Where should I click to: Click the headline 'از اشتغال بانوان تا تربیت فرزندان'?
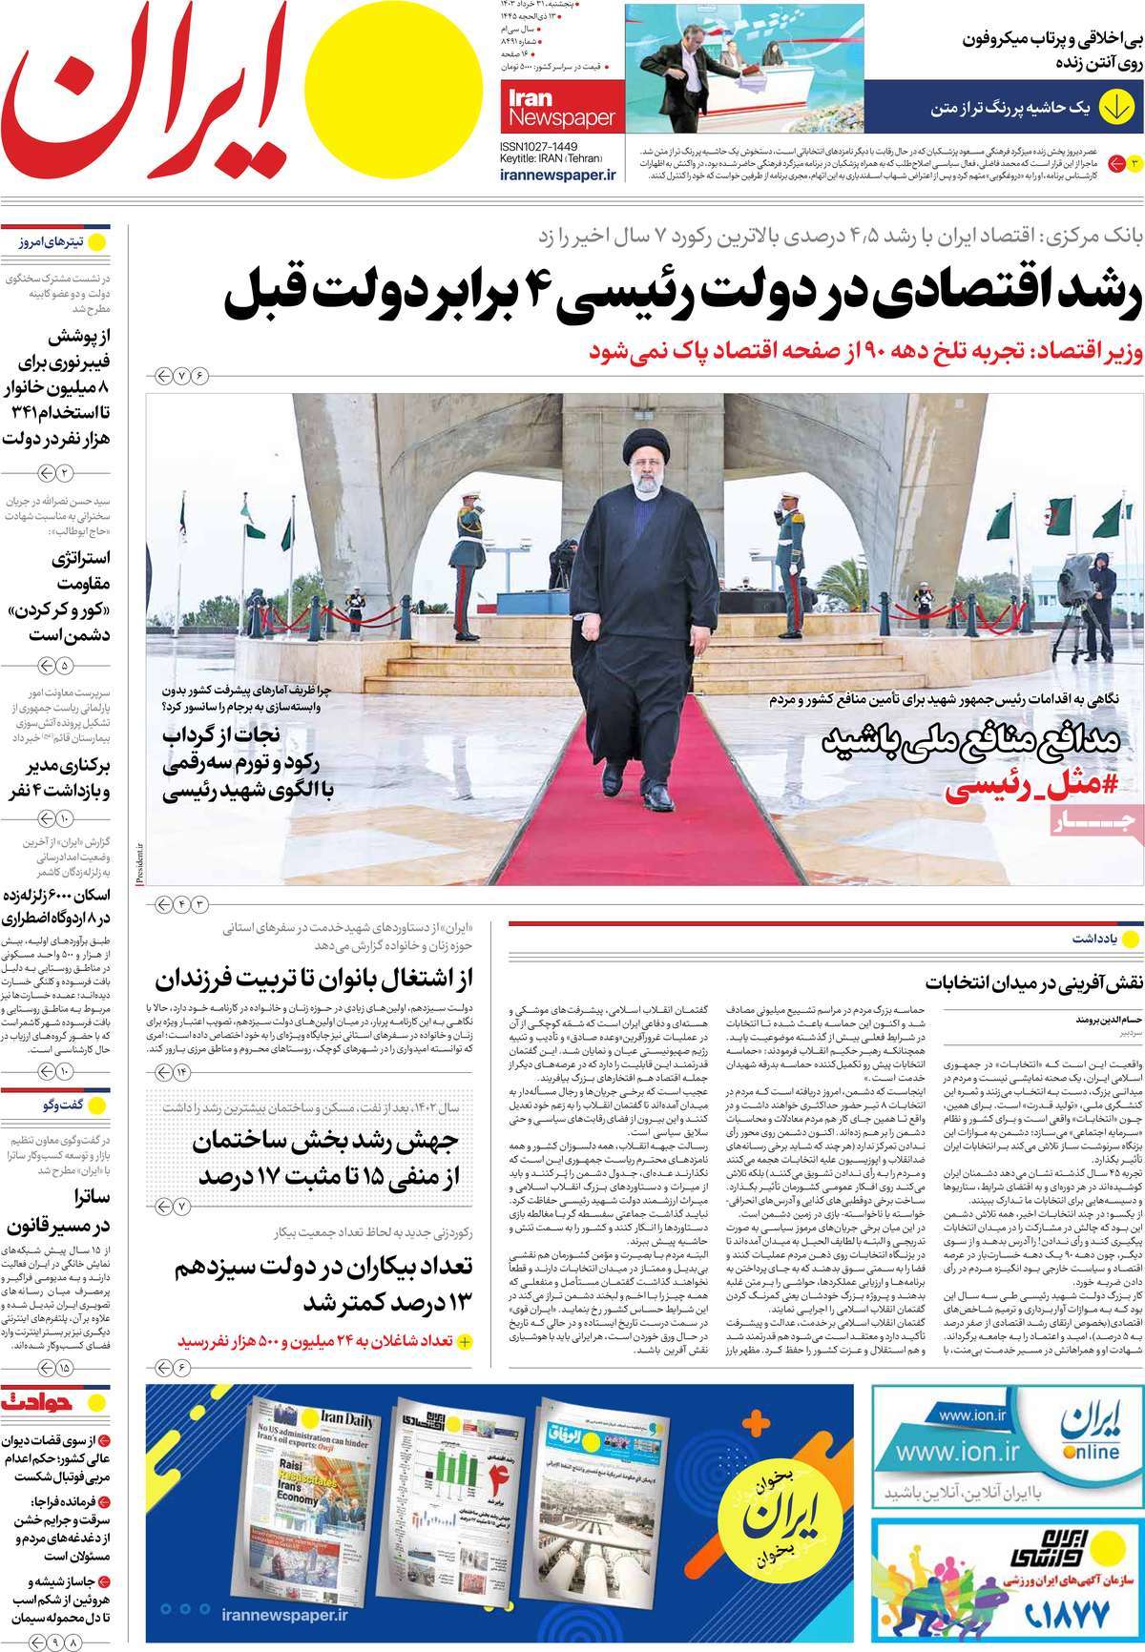(x=320, y=979)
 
